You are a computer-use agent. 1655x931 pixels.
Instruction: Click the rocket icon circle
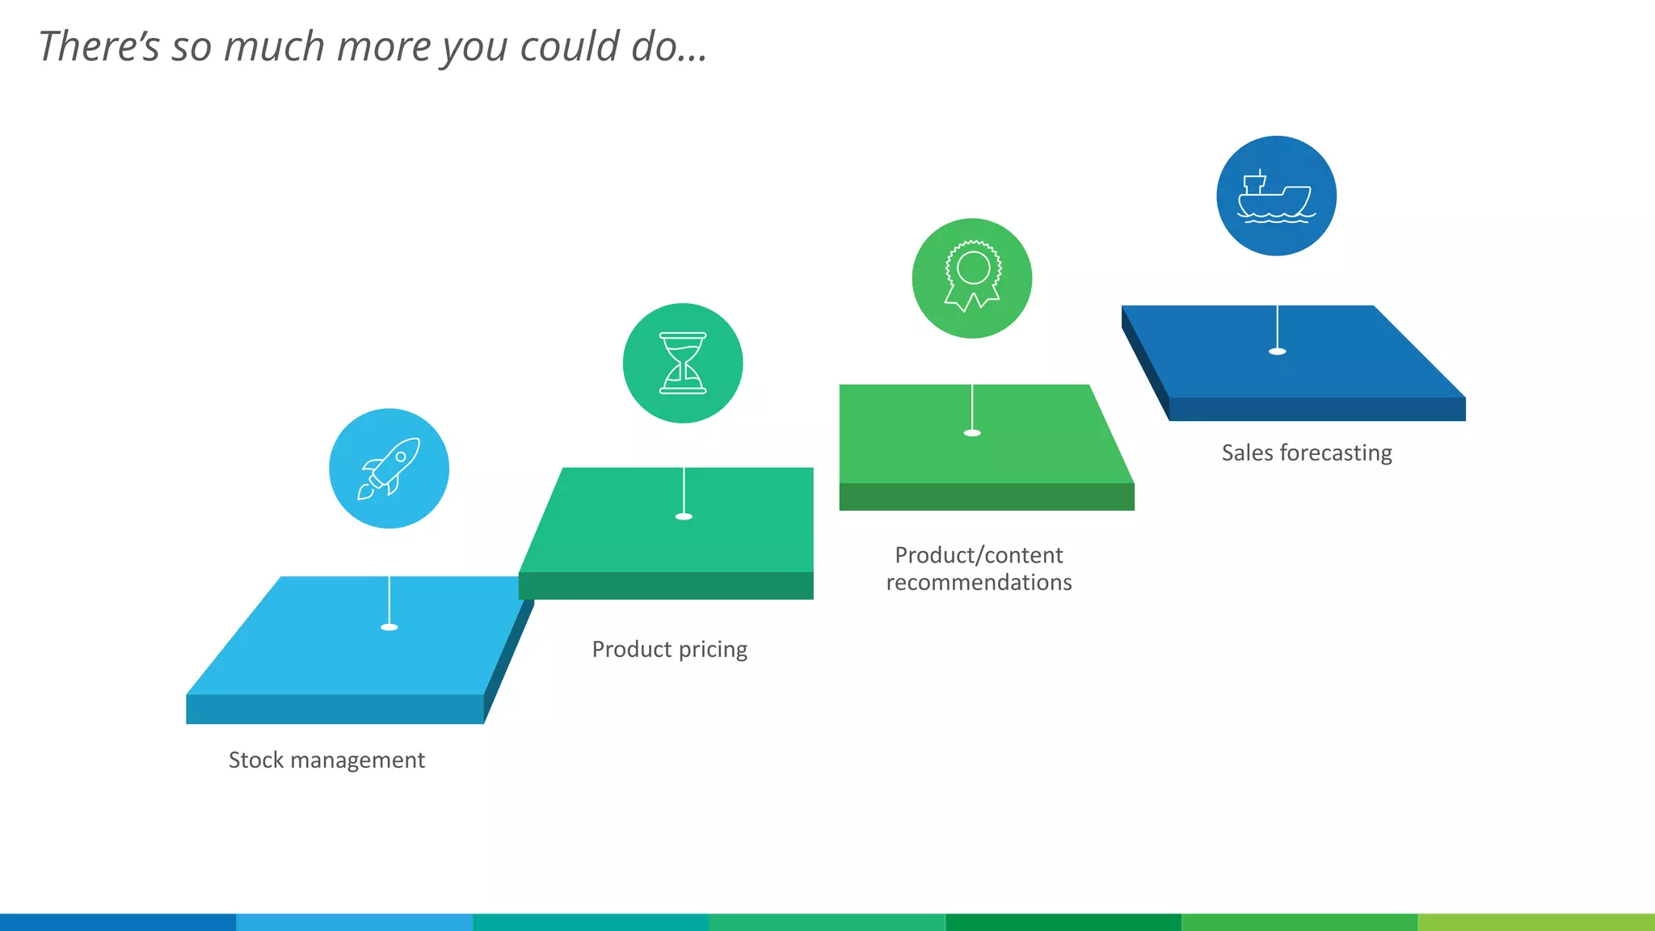tap(389, 469)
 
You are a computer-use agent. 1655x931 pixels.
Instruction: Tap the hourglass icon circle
tap(683, 363)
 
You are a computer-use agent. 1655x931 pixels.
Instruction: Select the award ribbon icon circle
tap(972, 278)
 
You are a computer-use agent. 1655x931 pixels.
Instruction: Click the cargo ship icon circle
tap(1276, 196)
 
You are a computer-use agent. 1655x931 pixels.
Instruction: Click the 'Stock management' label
tap(326, 760)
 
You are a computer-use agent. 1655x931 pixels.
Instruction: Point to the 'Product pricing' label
tap(669, 649)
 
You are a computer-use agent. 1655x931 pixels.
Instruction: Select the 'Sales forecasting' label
tap(1306, 453)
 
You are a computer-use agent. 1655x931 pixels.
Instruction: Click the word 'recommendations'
tap(979, 583)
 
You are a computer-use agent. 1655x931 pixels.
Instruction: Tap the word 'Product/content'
tap(979, 555)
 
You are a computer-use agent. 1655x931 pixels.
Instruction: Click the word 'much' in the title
tap(274, 46)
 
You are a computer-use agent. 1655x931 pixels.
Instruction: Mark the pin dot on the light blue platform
tap(390, 627)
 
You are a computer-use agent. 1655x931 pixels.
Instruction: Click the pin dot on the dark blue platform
tap(1277, 352)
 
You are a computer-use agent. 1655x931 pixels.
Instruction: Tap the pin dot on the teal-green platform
tap(684, 516)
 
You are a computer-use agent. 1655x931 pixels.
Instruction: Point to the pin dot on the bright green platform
tap(972, 433)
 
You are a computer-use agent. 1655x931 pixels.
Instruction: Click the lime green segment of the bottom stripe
tap(1535, 922)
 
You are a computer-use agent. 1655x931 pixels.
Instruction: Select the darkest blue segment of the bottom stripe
tap(118, 922)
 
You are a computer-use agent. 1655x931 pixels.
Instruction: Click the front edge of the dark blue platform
tap(1317, 409)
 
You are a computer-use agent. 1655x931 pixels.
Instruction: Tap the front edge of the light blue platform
tap(335, 709)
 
